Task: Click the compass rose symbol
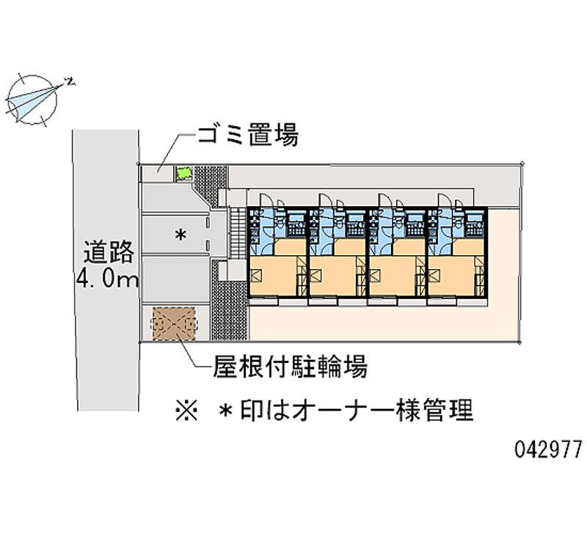pos(34,98)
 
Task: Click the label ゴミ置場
pos(247,135)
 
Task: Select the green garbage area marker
pos(183,173)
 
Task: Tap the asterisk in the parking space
pos(178,235)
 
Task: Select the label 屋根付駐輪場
pos(290,365)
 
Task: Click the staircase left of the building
pos(236,232)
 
